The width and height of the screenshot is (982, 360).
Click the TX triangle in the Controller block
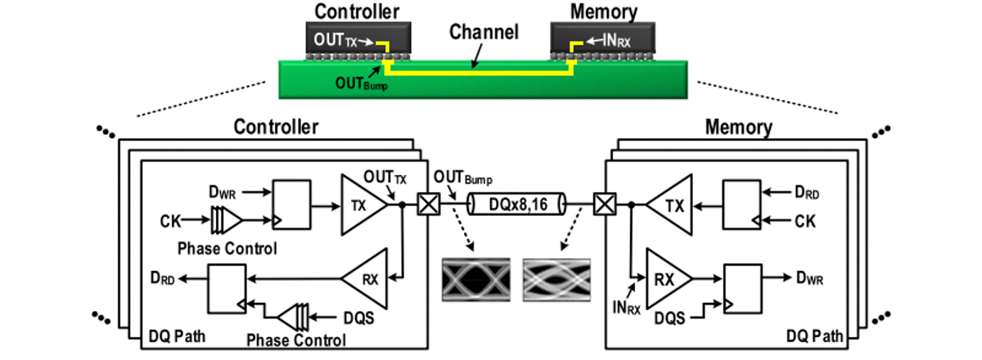(361, 206)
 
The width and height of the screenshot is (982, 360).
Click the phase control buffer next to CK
(226, 220)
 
